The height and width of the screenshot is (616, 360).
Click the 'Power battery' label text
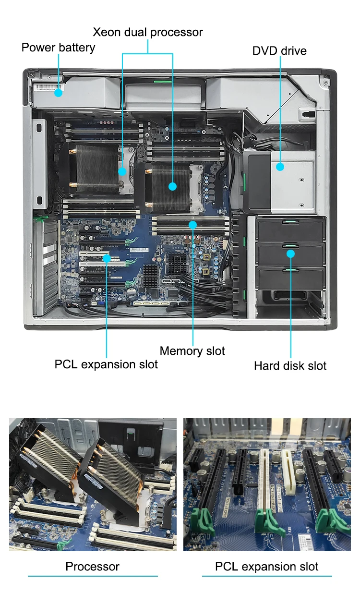(58, 48)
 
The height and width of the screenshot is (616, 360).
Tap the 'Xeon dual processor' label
(147, 32)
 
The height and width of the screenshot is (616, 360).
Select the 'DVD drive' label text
(279, 50)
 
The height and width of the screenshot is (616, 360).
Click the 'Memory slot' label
(192, 351)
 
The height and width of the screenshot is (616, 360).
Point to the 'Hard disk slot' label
(290, 366)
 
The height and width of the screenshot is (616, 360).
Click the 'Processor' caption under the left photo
(92, 567)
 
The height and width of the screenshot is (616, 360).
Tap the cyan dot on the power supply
(58, 93)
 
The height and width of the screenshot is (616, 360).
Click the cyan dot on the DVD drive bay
(280, 167)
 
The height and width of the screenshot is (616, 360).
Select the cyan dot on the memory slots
(193, 224)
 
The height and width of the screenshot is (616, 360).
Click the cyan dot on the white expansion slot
(107, 258)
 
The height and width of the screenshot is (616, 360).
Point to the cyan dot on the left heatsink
(122, 171)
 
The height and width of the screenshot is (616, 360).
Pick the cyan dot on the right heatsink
(172, 186)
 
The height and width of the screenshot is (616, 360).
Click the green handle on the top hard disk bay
(290, 222)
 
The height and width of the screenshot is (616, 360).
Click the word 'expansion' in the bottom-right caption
(270, 567)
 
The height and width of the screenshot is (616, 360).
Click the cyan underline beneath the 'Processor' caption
(92, 576)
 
